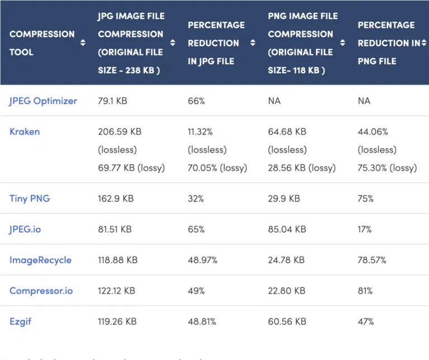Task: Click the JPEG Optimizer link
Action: point(43,101)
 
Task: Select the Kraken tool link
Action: point(25,132)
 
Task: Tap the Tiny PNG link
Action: point(30,198)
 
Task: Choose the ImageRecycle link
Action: point(40,260)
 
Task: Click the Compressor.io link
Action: point(41,291)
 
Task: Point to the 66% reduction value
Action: point(197,101)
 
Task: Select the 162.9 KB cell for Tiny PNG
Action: point(116,198)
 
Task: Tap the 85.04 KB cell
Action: point(287,229)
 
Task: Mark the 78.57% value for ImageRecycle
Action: point(371,260)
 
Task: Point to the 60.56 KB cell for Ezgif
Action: point(287,321)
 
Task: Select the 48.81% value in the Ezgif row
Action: point(202,321)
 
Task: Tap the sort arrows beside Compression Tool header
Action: point(83,43)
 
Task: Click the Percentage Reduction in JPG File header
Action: point(216,43)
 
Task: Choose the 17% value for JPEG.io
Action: point(365,229)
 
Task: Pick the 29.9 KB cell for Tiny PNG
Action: point(284,198)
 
